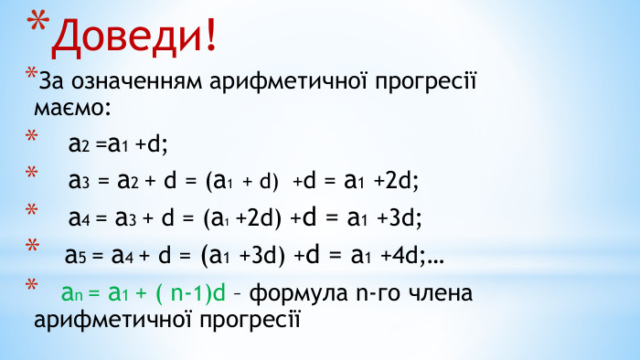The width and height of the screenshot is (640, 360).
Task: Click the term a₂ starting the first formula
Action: click(77, 143)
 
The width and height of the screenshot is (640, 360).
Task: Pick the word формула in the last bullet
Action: click(295, 294)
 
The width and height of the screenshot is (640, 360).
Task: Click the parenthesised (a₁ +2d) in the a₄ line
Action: click(244, 217)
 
